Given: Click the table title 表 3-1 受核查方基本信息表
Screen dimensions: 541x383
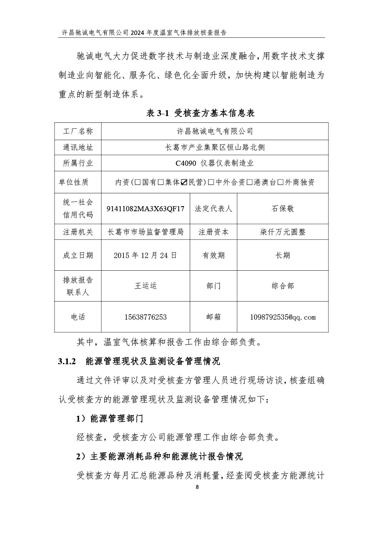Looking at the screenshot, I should [200, 113].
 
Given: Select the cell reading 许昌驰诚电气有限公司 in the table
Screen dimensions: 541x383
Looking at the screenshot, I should [214, 131].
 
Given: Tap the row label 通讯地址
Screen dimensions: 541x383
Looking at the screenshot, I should [78, 148].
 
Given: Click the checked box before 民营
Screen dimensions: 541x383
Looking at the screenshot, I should [184, 182].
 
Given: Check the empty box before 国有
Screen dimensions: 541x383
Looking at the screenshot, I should [138, 182].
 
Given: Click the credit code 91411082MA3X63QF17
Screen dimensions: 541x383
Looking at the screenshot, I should [146, 209].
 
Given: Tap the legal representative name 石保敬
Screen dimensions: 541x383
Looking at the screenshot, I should [283, 209].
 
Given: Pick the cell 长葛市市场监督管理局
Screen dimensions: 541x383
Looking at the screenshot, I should [146, 232].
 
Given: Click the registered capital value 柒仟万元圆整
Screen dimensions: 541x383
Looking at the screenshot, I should [283, 232].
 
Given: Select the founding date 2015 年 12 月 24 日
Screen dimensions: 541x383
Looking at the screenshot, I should [146, 255].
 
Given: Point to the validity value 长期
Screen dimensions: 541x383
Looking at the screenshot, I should [283, 255].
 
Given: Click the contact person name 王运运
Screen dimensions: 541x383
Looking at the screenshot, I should [146, 286].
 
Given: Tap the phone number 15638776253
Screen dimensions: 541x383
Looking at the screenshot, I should [146, 317].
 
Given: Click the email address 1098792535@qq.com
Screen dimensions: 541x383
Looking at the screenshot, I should [283, 317].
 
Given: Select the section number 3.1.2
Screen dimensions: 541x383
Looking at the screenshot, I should [66, 362].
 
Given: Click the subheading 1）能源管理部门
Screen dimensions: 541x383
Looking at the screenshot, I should [109, 419].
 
